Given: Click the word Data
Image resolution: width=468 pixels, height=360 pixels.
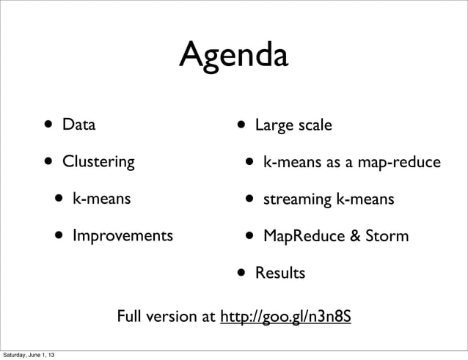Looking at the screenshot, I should [78, 125].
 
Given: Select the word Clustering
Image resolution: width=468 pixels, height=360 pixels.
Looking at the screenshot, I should [98, 161].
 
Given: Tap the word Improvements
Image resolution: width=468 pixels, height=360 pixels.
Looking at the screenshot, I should [123, 236].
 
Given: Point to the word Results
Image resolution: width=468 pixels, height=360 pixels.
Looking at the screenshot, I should [279, 273].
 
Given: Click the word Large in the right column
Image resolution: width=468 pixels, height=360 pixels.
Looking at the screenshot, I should [273, 125].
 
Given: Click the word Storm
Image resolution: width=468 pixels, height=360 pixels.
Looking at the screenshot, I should [388, 236].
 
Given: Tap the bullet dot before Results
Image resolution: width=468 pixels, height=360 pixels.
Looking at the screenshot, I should [241, 273].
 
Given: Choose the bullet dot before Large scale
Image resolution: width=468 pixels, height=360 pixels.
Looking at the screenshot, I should [241, 125].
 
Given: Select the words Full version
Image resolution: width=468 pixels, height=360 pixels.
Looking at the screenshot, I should [158, 318].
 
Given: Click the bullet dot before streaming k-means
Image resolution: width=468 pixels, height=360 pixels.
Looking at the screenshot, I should [250, 199].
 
